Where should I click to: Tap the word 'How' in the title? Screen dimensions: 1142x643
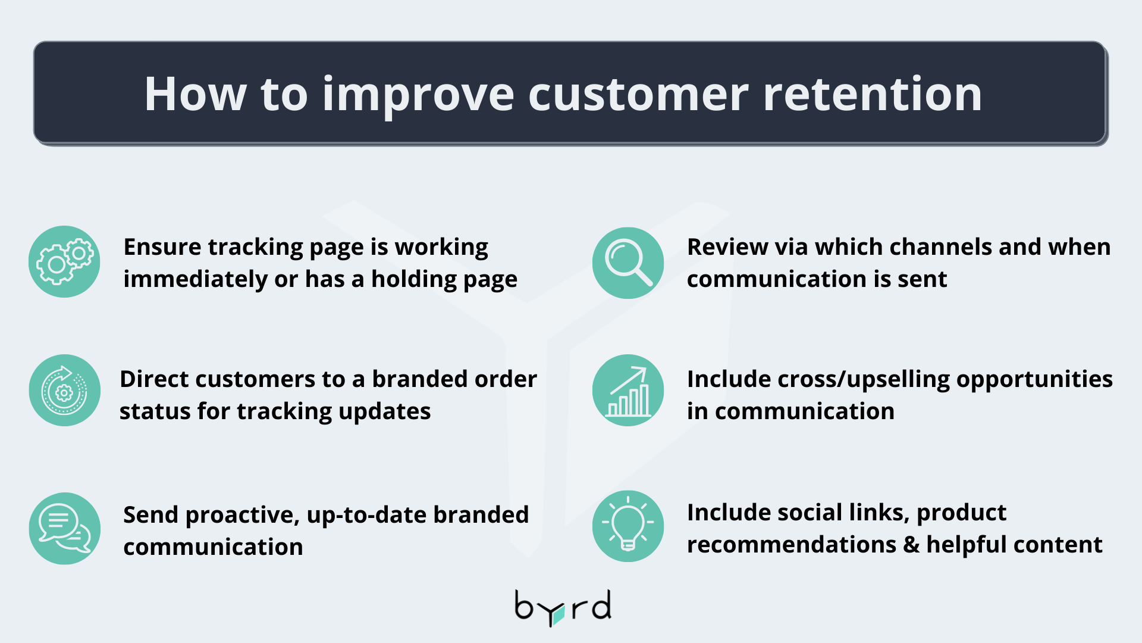[x=195, y=94]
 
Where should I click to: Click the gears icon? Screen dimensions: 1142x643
[x=64, y=261]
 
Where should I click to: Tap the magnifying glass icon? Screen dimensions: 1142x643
[x=628, y=263]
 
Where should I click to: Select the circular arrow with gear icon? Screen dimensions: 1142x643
[x=64, y=390]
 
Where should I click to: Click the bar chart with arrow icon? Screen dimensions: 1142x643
[x=628, y=390]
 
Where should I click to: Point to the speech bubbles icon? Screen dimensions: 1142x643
[x=64, y=528]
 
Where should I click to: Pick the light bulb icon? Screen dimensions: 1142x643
[x=628, y=526]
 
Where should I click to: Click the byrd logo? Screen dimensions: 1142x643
[x=563, y=608]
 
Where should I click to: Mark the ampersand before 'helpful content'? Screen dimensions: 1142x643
[x=911, y=544]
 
